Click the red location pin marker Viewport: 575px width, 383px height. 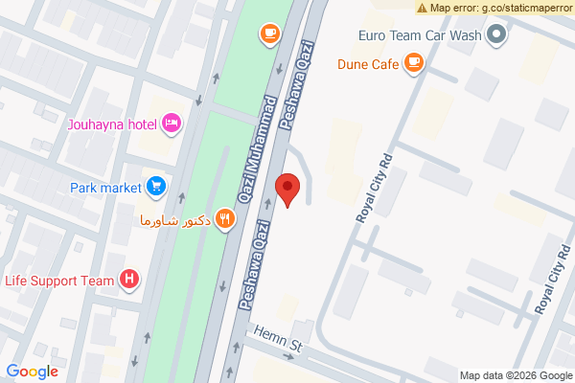click(x=287, y=188)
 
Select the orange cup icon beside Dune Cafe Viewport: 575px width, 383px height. click(x=413, y=64)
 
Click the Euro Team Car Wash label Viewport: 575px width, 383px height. click(x=418, y=36)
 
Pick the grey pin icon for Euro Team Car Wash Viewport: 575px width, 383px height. click(x=495, y=36)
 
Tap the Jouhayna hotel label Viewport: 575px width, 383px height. click(x=112, y=123)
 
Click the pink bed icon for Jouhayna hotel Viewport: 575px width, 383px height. click(x=172, y=122)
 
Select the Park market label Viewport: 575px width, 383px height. click(x=105, y=187)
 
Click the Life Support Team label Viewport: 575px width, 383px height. click(x=59, y=281)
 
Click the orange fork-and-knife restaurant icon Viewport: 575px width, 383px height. click(x=224, y=218)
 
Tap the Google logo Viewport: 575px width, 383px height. click(x=33, y=372)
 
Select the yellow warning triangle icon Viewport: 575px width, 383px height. click(x=422, y=8)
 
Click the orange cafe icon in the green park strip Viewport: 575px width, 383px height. click(x=269, y=34)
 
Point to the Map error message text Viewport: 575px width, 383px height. click(x=500, y=8)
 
